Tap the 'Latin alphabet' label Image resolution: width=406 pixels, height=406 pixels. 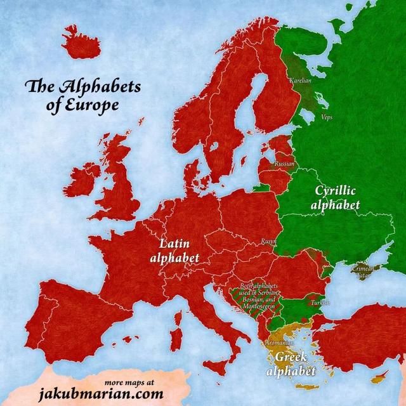pos(175,250)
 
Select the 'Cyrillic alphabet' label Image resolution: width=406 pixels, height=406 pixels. pos(336,197)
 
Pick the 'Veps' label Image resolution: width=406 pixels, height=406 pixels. pos(327,118)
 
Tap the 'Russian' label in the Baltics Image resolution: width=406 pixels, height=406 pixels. pos(285,164)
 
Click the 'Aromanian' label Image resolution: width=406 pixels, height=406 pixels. pos(278,343)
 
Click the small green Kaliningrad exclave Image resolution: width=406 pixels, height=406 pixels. pos(260,188)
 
